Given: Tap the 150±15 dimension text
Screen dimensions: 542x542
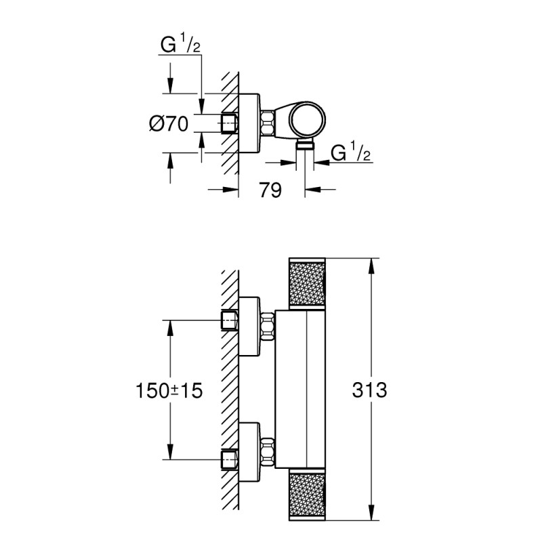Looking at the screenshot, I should point(170,390).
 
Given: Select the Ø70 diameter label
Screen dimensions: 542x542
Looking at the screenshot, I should point(169,123).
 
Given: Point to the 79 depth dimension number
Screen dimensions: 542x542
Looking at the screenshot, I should point(270,191).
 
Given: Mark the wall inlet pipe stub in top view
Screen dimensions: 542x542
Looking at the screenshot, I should point(230,123).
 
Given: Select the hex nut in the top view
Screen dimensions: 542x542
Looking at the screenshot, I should point(266,123).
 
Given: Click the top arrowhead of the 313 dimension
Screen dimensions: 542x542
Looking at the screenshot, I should point(371,264).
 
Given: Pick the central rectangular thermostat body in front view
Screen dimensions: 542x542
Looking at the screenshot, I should point(308,390).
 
